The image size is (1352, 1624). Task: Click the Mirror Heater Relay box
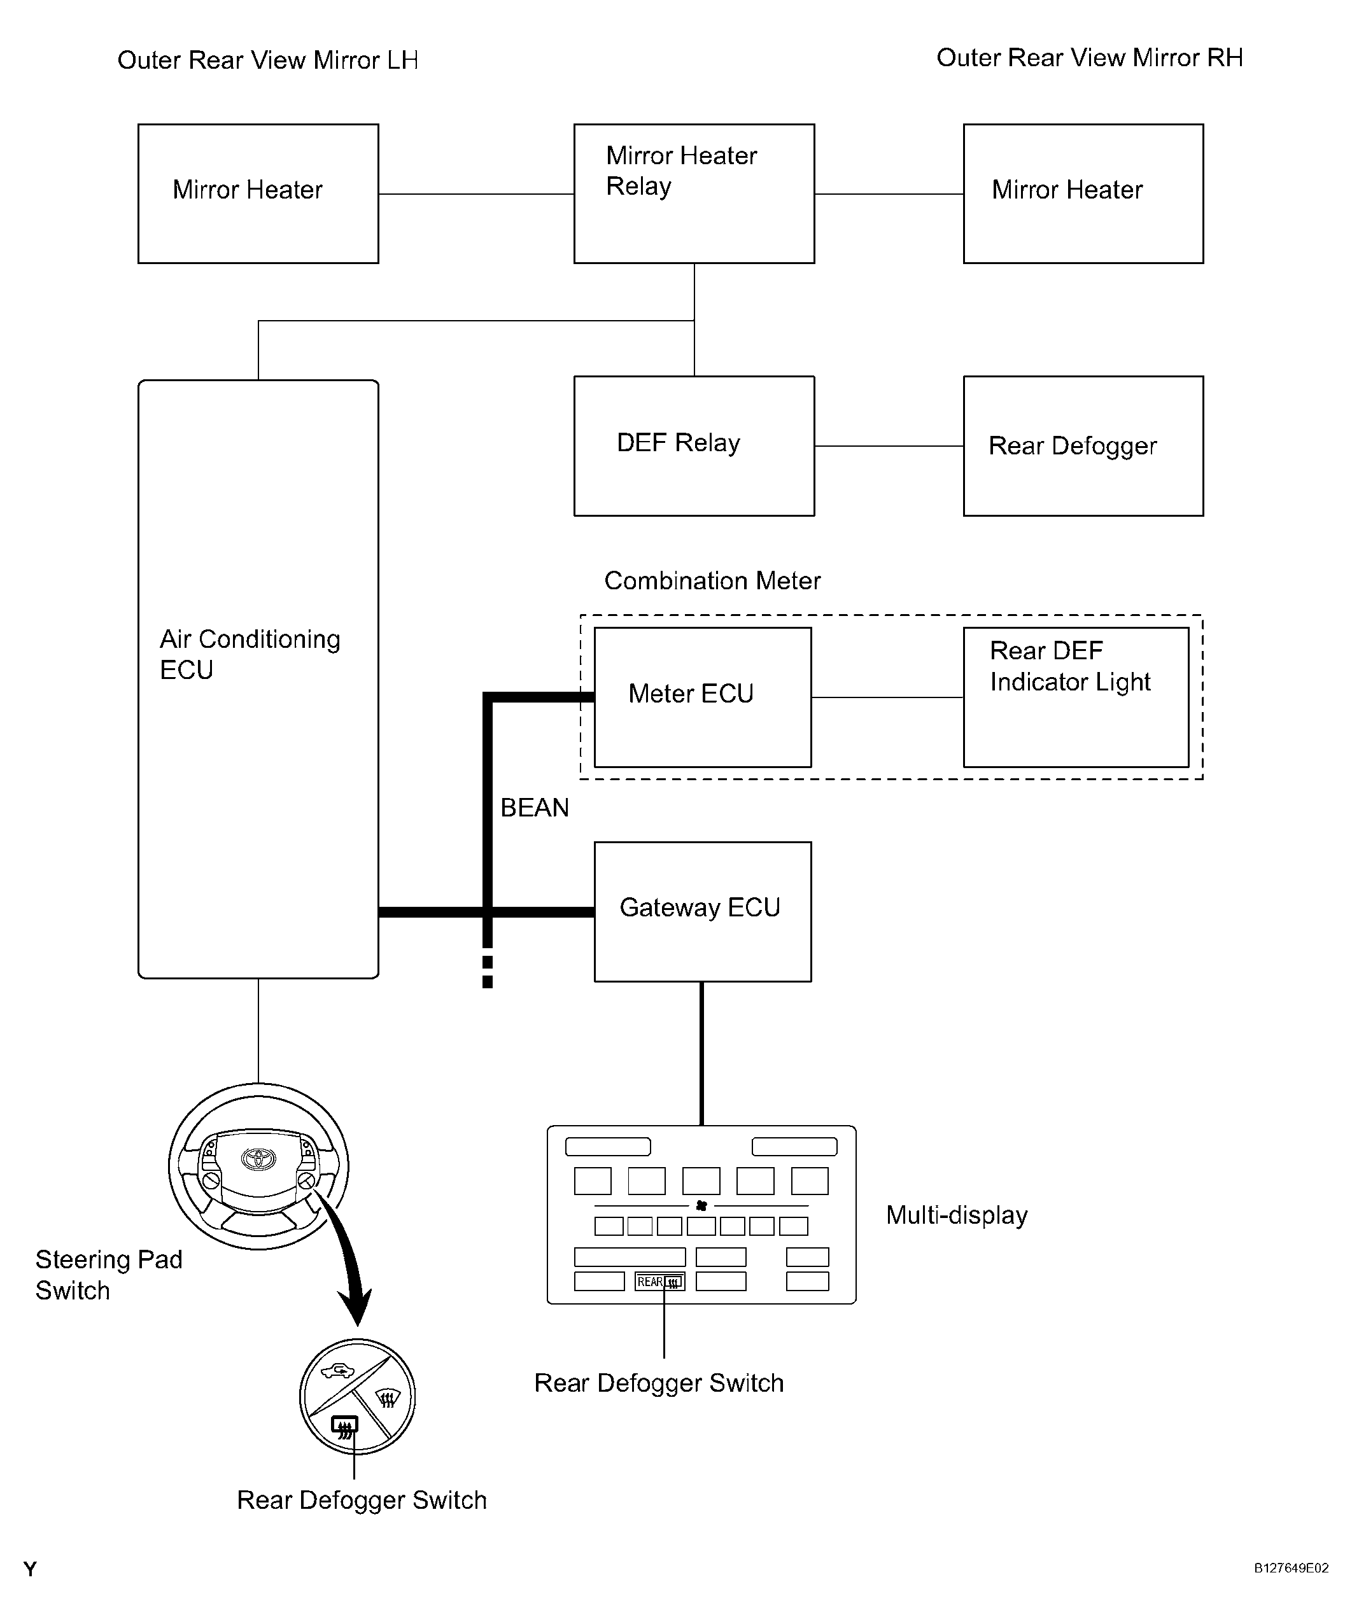(x=694, y=193)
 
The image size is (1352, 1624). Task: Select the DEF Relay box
(x=694, y=445)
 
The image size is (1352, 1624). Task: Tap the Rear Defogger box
(x=1083, y=445)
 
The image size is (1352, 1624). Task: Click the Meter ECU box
(x=702, y=697)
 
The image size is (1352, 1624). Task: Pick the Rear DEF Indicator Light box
(x=1075, y=697)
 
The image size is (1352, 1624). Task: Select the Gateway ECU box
(x=702, y=911)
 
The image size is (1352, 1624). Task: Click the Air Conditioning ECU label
(x=249, y=654)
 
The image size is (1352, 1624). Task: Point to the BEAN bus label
(x=535, y=808)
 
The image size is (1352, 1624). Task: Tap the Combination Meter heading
(x=712, y=581)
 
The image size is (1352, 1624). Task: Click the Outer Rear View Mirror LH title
(x=267, y=60)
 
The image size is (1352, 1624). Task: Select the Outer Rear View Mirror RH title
(x=1089, y=58)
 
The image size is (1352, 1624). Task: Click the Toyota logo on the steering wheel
(x=258, y=1158)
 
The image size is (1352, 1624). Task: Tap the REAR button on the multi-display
(x=659, y=1282)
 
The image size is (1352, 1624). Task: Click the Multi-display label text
(x=957, y=1215)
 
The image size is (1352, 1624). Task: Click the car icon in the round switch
(x=337, y=1372)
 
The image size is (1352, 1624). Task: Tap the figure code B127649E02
(x=1291, y=1569)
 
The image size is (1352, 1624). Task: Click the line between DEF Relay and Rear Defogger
(x=889, y=446)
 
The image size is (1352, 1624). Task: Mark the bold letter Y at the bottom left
(x=30, y=1569)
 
